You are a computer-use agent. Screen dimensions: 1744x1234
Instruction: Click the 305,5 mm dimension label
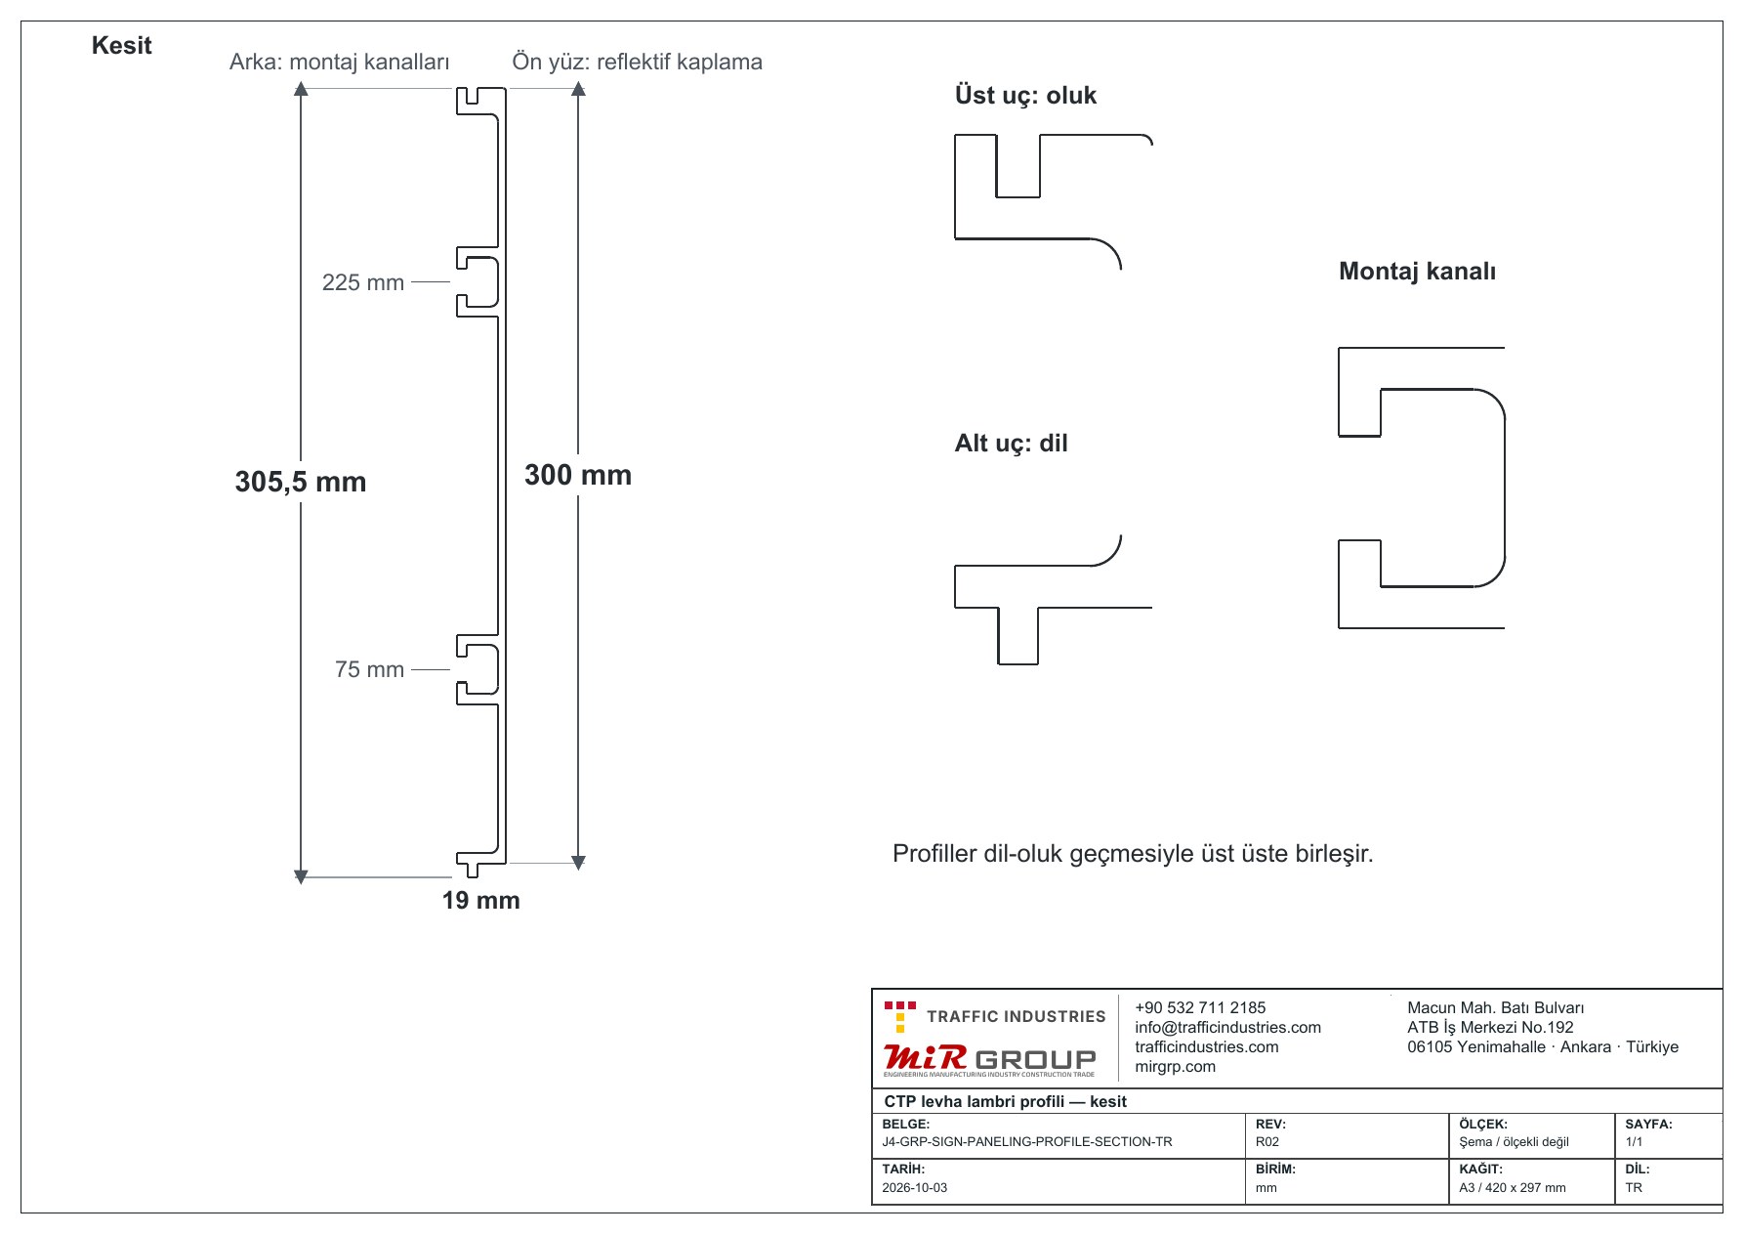(301, 482)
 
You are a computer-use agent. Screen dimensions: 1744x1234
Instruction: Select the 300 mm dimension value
(578, 475)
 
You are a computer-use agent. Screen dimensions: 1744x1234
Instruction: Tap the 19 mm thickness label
(481, 900)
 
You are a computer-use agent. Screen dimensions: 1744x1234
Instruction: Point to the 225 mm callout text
(363, 282)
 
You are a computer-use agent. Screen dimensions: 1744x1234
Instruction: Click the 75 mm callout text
(369, 669)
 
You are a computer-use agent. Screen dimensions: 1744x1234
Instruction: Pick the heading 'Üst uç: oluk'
(1025, 95)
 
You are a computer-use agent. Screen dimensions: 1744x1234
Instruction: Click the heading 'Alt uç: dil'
(1011, 444)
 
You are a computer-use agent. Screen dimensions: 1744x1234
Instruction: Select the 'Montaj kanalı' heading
(1417, 272)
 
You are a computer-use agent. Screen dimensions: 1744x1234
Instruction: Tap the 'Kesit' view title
(121, 46)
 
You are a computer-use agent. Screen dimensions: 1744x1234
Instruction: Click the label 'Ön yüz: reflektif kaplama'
(637, 62)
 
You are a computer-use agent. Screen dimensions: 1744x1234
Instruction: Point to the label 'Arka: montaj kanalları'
(339, 62)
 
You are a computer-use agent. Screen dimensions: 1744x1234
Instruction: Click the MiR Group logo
(989, 1060)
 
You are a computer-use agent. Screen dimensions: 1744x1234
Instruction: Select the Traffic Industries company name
(1016, 1016)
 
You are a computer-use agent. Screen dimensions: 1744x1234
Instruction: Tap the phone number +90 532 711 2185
(1200, 1007)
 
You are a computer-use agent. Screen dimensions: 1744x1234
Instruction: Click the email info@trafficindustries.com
(1227, 1027)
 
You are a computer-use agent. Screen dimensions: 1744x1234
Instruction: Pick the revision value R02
(1266, 1141)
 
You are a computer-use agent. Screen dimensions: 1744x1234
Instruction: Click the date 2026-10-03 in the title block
(914, 1188)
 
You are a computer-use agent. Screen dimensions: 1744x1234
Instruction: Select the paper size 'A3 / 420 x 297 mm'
(1512, 1188)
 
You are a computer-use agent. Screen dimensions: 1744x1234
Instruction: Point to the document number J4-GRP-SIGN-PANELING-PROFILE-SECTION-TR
(1026, 1141)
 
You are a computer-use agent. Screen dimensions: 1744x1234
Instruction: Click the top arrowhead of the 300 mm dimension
(578, 88)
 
